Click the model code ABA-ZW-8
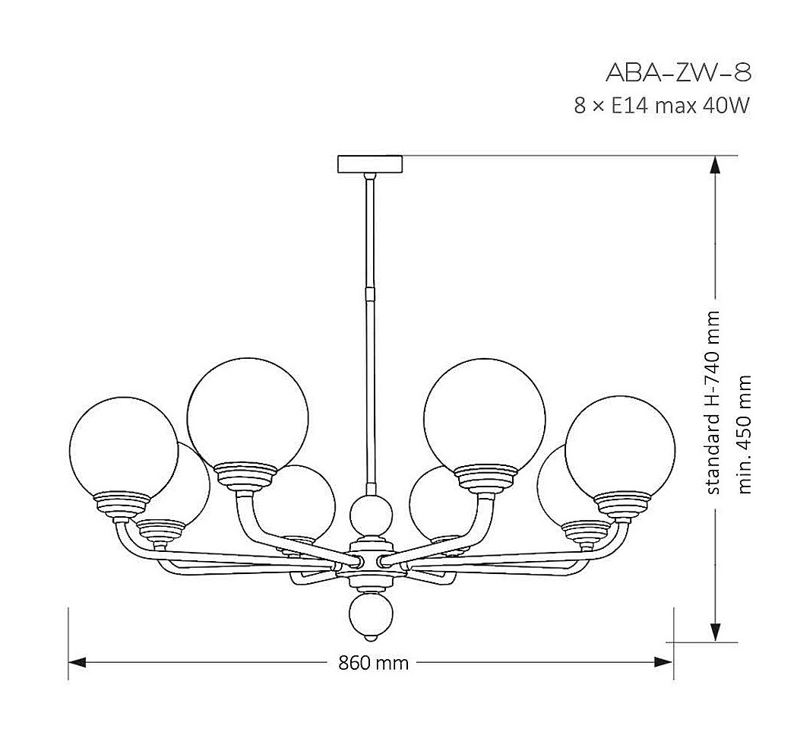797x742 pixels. tap(678, 73)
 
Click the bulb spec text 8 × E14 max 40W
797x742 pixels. tap(662, 106)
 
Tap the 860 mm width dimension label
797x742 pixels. tap(374, 663)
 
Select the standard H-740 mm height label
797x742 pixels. tap(713, 401)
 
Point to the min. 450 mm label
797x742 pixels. tap(744, 434)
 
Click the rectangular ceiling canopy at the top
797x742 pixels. tap(370, 164)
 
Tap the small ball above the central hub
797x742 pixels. tap(372, 515)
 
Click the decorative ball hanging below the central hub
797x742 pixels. tap(372, 615)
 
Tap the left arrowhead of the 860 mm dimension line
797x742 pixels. tap(77, 662)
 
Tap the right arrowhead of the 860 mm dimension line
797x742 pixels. tap(664, 662)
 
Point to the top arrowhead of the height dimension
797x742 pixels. tap(715, 165)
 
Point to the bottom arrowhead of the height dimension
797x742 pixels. tap(715, 633)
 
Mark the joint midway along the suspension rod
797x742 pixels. tap(371, 293)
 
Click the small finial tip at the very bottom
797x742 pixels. tap(372, 636)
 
